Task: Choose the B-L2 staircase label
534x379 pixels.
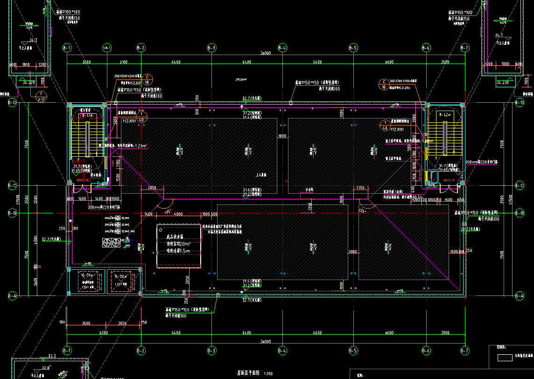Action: click(x=444, y=114)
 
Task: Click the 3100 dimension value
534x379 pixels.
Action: click(x=123, y=62)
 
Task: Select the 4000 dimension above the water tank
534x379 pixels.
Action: click(x=178, y=214)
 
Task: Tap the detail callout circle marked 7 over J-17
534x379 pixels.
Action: click(x=41, y=96)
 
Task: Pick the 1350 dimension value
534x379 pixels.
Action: click(x=360, y=188)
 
